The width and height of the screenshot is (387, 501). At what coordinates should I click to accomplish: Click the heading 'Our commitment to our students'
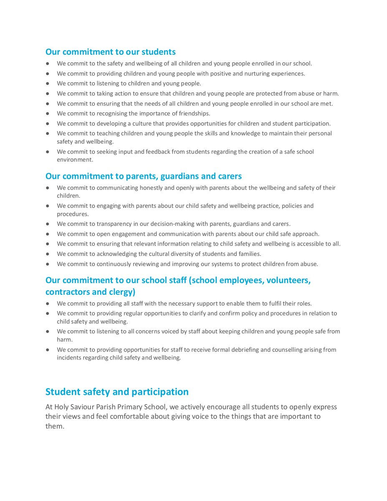pyautogui.click(x=110, y=52)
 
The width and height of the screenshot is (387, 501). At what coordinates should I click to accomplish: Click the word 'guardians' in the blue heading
pyautogui.click(x=166, y=176)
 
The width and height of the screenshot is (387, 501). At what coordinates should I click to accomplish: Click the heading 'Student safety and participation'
pyautogui.click(x=117, y=392)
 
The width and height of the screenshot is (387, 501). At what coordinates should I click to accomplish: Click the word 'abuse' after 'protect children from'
pyautogui.click(x=308, y=264)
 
